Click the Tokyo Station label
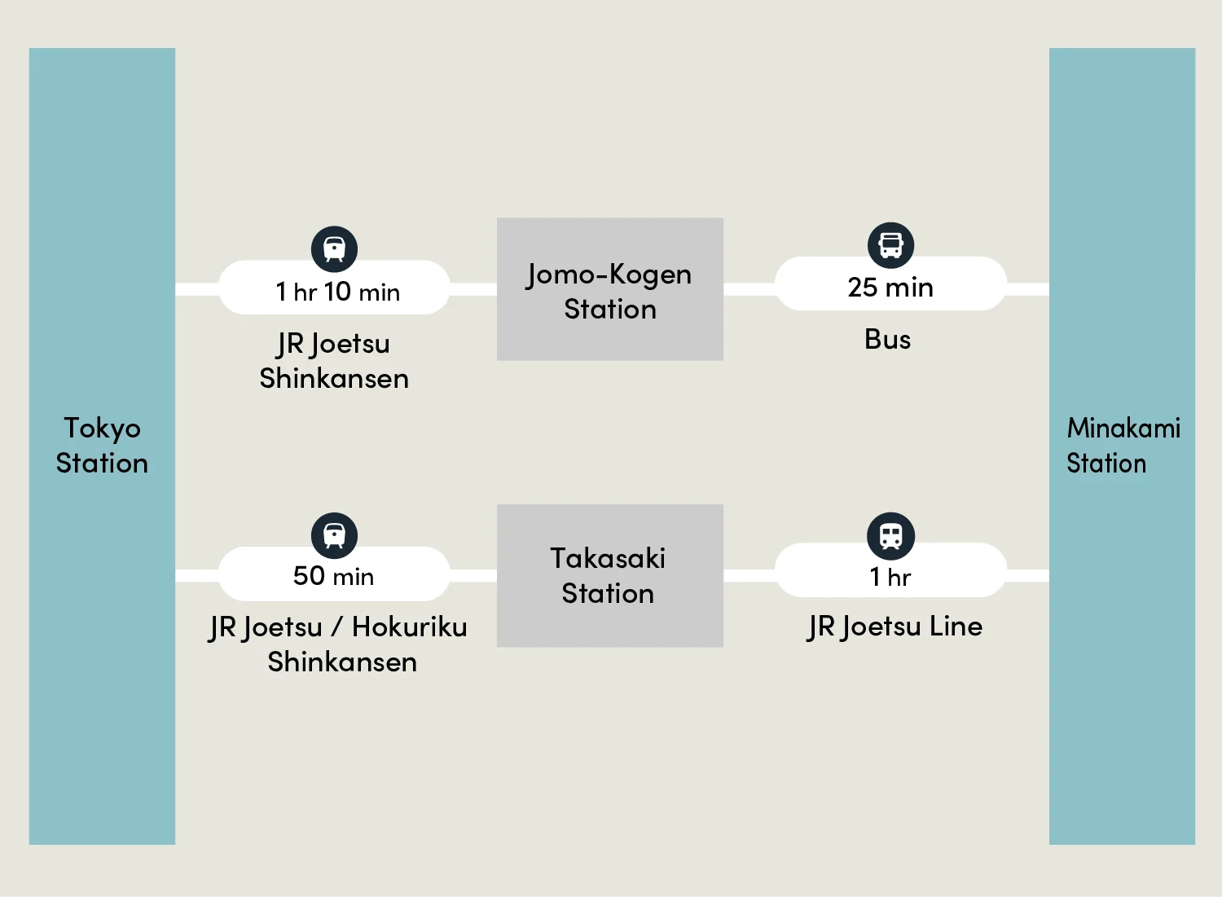tap(102, 446)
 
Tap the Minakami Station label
tap(1123, 446)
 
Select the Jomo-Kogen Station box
tap(609, 289)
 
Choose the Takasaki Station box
tap(609, 576)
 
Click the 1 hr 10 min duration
tap(336, 292)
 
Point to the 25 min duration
tap(890, 288)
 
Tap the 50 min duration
tap(334, 576)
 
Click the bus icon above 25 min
tap(891, 245)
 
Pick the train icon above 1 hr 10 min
tap(334, 248)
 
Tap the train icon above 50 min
tap(334, 535)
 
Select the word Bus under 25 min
tap(887, 339)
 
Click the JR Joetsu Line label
tap(895, 627)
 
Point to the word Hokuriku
tap(409, 627)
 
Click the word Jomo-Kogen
tap(609, 275)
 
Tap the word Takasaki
tap(608, 558)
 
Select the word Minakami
tap(1123, 428)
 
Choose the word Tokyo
tap(102, 429)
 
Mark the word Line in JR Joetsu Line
tap(956, 627)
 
